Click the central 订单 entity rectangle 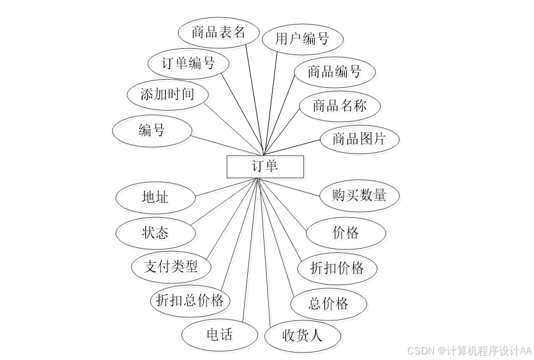click(265, 166)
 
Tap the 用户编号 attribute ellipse click(302, 40)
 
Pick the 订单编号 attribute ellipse click(189, 63)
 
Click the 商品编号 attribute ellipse click(334, 72)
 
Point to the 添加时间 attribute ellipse click(167, 95)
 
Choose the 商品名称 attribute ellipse click(339, 106)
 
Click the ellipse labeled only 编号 click(152, 131)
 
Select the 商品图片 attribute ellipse click(359, 139)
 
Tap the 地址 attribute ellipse click(155, 197)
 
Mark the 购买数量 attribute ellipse click(359, 195)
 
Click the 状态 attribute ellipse click(155, 233)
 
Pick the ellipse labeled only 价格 click(346, 233)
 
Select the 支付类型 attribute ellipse click(171, 267)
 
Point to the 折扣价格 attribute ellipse click(337, 268)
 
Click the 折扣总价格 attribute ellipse click(190, 301)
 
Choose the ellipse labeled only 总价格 click(329, 304)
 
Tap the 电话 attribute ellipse click(219, 335)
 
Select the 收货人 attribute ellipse click(302, 336)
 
